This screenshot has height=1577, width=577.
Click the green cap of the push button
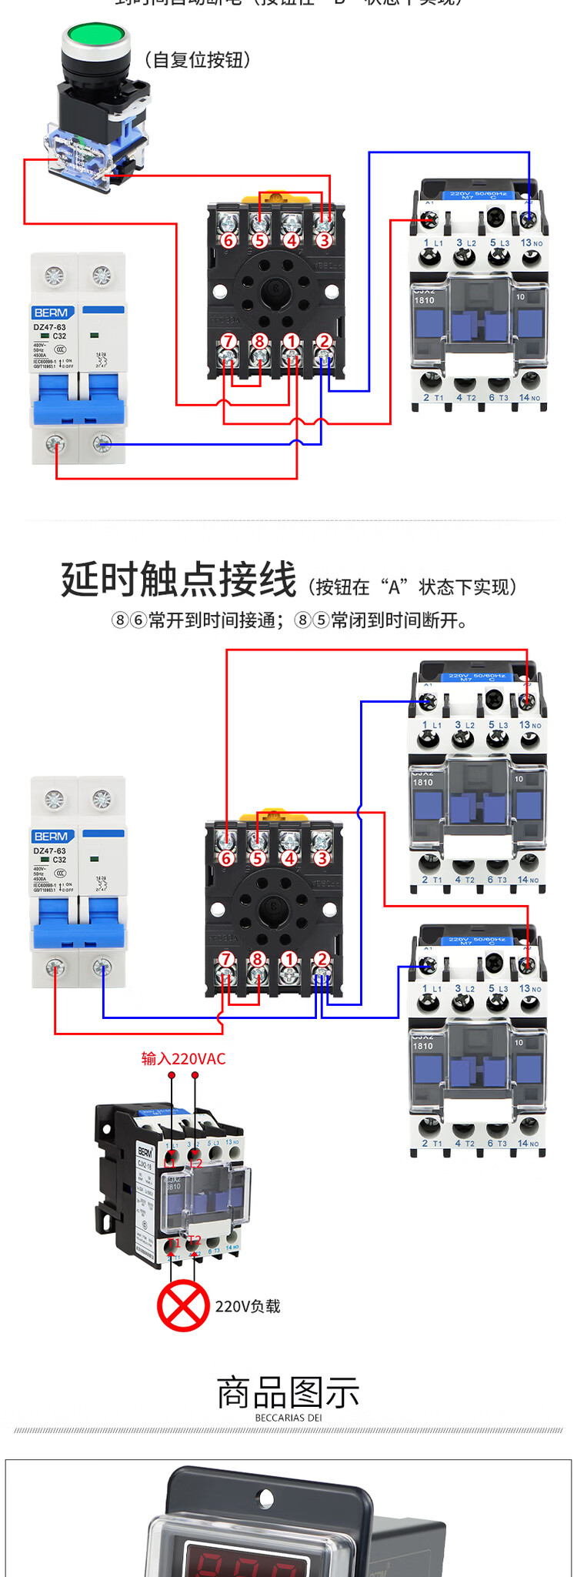coord(95,35)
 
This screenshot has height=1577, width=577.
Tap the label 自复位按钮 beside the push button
coord(198,60)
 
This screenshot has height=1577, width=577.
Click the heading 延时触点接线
coord(178,580)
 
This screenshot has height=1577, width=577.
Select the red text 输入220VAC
coord(183,1058)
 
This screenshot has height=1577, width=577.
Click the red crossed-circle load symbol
coord(183,1306)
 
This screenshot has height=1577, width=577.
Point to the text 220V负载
coord(248,1306)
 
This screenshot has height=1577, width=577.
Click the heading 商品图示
coord(288,1393)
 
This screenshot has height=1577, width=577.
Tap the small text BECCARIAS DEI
coord(288,1418)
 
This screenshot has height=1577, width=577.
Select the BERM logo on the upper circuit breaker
coord(52,312)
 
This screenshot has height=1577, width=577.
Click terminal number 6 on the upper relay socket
coord(228,240)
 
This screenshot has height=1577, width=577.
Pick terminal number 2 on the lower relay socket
coord(322,959)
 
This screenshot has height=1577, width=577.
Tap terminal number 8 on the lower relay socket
coord(258,959)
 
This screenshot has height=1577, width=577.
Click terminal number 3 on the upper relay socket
coord(324,240)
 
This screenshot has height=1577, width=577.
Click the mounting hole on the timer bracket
coord(265,1498)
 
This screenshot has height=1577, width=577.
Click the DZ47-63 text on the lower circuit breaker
coord(49,851)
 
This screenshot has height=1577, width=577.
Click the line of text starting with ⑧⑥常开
coord(288,620)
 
